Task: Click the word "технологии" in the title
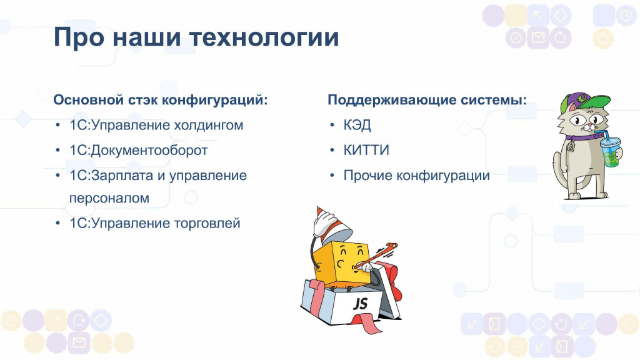click(264, 37)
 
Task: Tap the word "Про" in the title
click(78, 37)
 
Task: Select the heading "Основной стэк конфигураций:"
click(161, 100)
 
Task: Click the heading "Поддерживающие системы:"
click(427, 100)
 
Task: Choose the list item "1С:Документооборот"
click(138, 150)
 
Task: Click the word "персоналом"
click(109, 198)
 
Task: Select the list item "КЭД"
click(357, 125)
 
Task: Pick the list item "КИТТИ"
click(366, 150)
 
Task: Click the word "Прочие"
click(367, 176)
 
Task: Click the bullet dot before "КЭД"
click(332, 125)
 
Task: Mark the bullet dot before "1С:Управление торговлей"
click(58, 224)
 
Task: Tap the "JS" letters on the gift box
click(360, 304)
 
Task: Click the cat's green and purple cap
click(584, 102)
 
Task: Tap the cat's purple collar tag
click(570, 146)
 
